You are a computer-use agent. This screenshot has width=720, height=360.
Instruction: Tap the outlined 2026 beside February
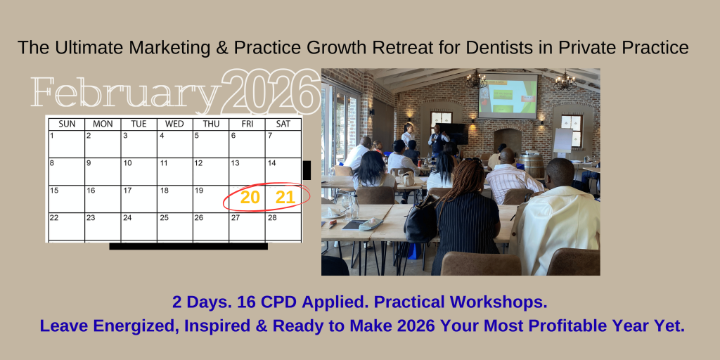[x=271, y=91]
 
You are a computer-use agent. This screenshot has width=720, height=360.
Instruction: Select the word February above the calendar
[x=126, y=92]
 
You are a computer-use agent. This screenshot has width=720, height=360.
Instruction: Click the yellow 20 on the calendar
[x=250, y=198]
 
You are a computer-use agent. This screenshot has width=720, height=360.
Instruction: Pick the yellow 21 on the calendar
[x=285, y=198]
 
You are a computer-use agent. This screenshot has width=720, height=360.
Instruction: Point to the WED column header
[x=174, y=124]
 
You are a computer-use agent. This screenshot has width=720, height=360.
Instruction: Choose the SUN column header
[x=67, y=124]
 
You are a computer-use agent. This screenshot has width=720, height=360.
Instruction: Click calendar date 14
[x=272, y=163]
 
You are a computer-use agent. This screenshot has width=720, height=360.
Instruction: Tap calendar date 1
[x=52, y=136]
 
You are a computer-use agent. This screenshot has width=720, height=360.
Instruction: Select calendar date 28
[x=272, y=218]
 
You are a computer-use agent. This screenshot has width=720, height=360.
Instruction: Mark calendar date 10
[x=128, y=163]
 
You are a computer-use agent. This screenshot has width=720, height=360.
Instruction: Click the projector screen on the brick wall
[x=508, y=96]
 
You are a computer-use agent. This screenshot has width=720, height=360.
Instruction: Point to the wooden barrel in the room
[x=533, y=165]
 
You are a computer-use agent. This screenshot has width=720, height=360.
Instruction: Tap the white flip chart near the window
[x=563, y=141]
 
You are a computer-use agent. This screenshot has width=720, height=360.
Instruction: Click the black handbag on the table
[x=420, y=219]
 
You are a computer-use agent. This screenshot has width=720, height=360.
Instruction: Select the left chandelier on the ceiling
[x=476, y=81]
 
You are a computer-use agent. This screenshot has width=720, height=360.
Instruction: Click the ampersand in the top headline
[x=221, y=48]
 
